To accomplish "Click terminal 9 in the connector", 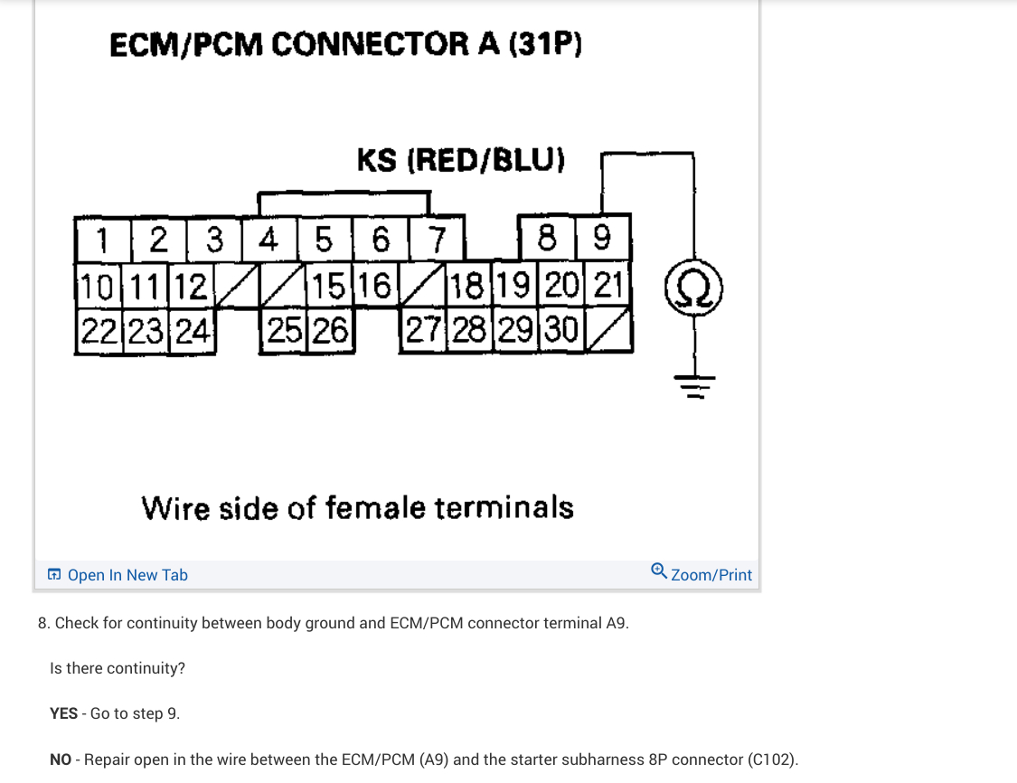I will click(x=602, y=240).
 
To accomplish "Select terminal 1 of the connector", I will click(x=102, y=241).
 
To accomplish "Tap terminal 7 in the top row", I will click(x=437, y=241).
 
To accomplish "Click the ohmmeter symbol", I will click(x=693, y=288).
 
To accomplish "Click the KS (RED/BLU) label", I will click(x=461, y=161).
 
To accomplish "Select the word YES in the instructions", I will click(x=63, y=713).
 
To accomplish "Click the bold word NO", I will click(x=61, y=759).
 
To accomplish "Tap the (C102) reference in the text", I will click(x=774, y=759).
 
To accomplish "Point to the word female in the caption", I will click(x=376, y=507).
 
